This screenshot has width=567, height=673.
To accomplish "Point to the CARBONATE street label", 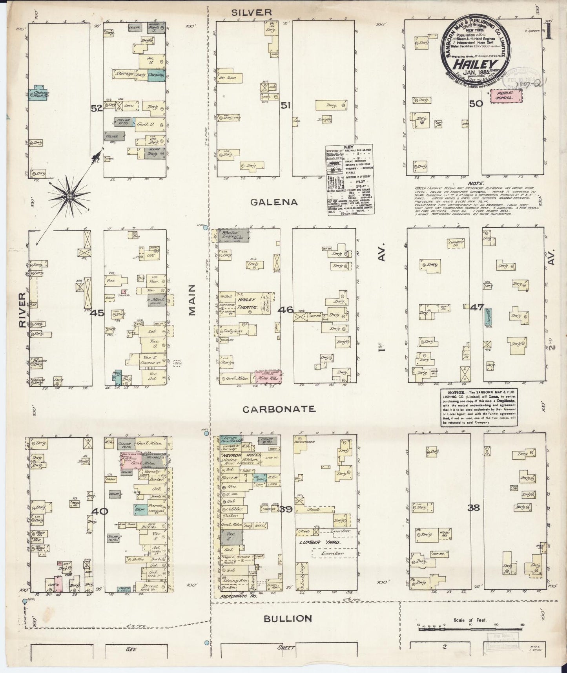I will click(279, 409).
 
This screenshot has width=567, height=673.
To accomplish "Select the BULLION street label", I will click(288, 618).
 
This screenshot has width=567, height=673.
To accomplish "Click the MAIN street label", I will click(191, 305).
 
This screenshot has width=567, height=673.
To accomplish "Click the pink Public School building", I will click(507, 96).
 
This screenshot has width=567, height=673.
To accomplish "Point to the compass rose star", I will click(69, 196).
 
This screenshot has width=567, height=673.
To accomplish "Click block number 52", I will click(97, 109).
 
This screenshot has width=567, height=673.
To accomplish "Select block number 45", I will click(97, 313).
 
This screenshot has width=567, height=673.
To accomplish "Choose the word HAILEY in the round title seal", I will click(475, 64).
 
